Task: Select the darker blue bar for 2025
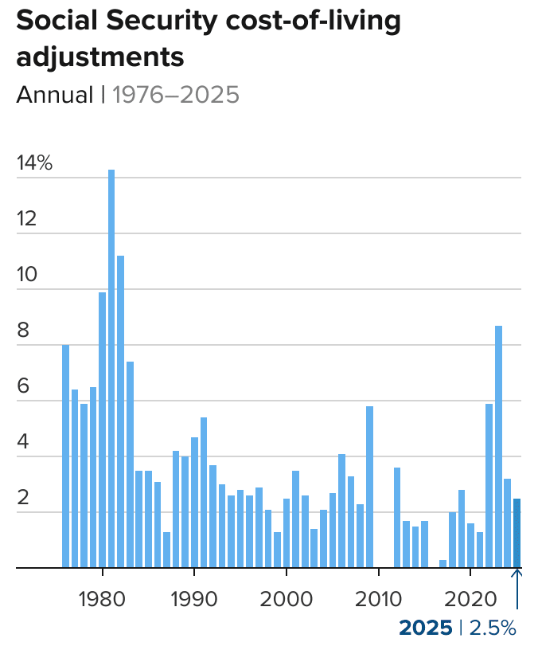click(x=517, y=533)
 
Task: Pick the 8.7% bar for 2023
click(x=499, y=446)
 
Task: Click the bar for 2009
click(x=369, y=487)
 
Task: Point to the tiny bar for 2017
click(x=443, y=564)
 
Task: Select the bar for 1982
click(x=121, y=411)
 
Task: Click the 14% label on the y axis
click(x=34, y=164)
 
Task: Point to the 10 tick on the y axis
click(x=27, y=276)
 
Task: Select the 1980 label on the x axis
click(x=103, y=597)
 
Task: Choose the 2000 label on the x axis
click(x=287, y=597)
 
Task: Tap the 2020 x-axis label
click(x=470, y=597)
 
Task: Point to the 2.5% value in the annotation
click(x=493, y=627)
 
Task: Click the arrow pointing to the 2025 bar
click(x=518, y=589)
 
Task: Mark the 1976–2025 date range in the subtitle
click(x=176, y=95)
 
